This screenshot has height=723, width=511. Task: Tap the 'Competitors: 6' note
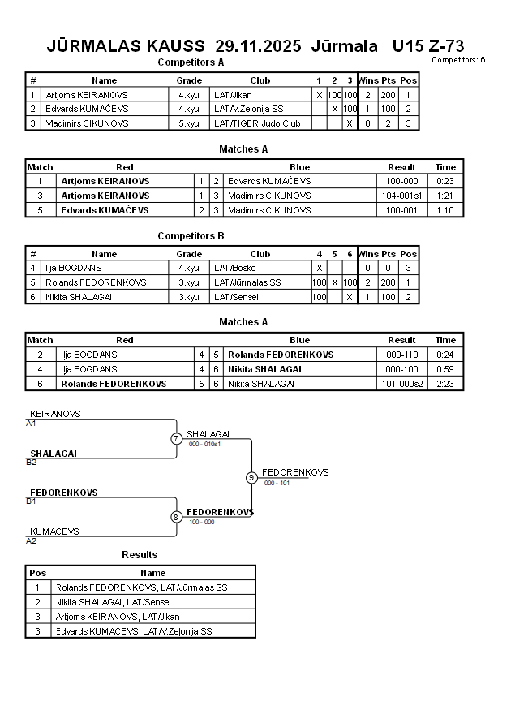pos(458,59)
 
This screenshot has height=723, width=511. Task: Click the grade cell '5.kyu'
pos(188,123)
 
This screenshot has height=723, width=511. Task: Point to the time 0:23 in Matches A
pos(446,181)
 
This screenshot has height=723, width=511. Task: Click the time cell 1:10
pos(446,210)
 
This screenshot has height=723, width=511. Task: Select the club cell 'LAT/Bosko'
pos(234,268)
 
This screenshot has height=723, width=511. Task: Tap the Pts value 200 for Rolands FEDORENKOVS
pos(389,282)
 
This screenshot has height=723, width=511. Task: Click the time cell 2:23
pos(446,384)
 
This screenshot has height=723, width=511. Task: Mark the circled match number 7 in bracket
pos(176,439)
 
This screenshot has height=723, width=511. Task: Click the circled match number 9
pos(251,477)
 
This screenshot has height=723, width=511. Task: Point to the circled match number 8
pos(176,517)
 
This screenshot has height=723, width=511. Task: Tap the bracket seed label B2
pos(32,462)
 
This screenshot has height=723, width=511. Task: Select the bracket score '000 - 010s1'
pos(205,444)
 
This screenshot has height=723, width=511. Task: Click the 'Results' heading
pos(140,555)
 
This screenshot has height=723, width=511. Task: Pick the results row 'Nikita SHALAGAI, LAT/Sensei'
pos(114,602)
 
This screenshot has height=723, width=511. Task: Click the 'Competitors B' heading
pos(191,236)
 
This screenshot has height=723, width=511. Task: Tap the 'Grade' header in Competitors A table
pos(189,80)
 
